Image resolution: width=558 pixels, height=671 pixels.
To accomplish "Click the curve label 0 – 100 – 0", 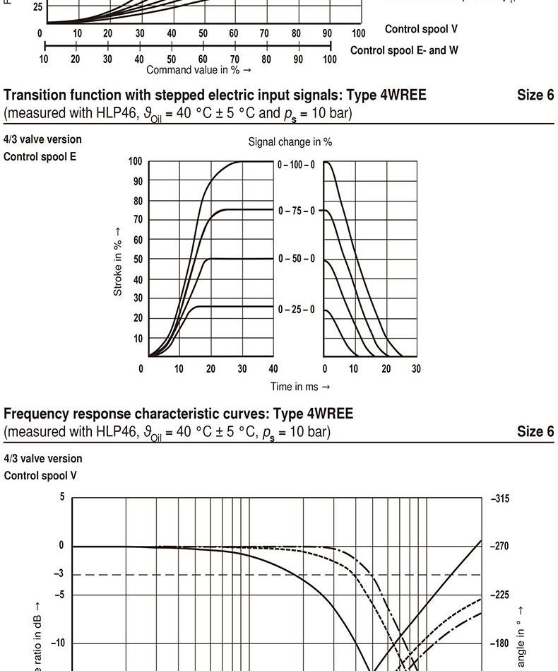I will coord(297,165).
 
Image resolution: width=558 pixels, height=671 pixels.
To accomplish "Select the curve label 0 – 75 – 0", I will coord(297,211).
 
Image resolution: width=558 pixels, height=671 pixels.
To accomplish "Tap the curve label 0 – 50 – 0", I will coord(297,259).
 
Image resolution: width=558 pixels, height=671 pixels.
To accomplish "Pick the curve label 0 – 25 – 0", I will coord(297,310).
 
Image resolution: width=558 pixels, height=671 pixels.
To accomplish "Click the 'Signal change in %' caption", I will coord(290,142).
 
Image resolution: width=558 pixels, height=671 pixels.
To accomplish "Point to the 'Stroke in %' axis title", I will coord(118,262).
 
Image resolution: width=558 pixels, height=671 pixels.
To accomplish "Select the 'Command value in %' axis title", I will coord(198,70).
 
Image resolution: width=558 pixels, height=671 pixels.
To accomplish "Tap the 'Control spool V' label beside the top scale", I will coord(421,29).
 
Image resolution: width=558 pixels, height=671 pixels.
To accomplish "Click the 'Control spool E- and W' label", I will coord(404,50).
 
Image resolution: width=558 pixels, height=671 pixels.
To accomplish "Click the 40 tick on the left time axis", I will coord(273,369).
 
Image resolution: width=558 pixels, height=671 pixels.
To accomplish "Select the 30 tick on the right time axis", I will coord(416,369).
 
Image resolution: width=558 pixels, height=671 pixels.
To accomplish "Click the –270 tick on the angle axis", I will coord(499,547).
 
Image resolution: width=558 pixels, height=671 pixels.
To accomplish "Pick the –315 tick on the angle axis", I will coord(499,499).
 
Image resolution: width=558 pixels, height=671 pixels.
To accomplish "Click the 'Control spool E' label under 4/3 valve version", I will coord(40,156).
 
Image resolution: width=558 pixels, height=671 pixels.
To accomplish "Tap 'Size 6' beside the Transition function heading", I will coord(535,95).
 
